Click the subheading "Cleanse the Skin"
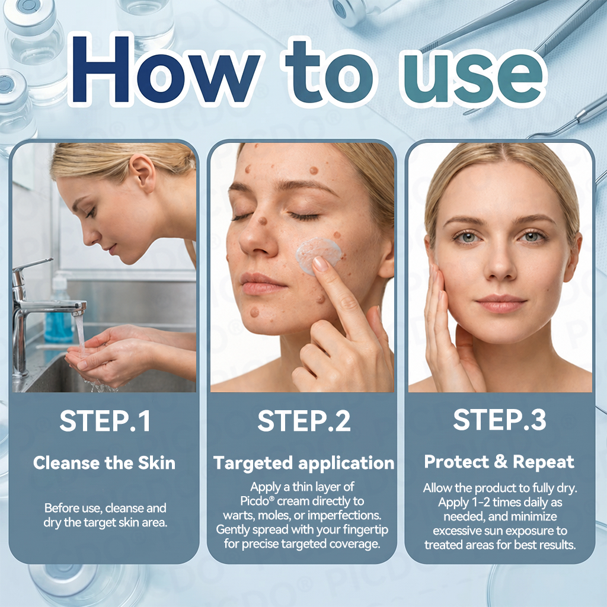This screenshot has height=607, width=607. tap(104, 462)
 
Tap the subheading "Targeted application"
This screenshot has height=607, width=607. tap(304, 463)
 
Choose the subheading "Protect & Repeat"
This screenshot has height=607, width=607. tap(499, 462)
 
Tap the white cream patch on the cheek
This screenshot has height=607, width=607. tap(318, 255)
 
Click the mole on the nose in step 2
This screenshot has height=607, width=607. tap(263, 221)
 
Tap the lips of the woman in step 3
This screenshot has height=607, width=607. tap(501, 303)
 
